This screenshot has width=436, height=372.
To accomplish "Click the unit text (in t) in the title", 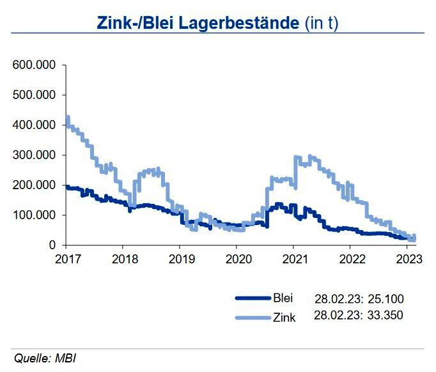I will [321, 24].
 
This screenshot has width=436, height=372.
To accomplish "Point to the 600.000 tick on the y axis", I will [35, 65].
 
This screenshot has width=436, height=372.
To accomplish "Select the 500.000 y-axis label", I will [35, 95].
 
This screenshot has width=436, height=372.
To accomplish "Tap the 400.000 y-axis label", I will [35, 125].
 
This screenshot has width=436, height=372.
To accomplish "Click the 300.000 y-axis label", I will [35, 155].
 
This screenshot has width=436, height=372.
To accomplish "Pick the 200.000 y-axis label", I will [35, 185].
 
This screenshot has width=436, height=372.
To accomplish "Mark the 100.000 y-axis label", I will [35, 215].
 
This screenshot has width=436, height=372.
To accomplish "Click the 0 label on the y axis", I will [54, 245].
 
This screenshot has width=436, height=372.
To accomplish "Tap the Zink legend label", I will [284, 316].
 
